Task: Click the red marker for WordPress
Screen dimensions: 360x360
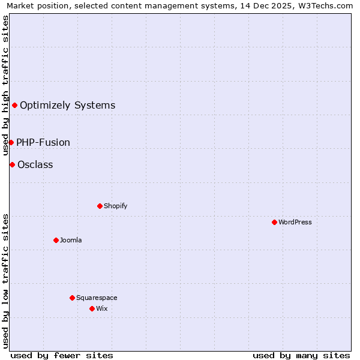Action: coord(274,222)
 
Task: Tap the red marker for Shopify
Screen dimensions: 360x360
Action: coord(100,206)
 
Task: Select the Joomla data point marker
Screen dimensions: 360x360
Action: coord(56,240)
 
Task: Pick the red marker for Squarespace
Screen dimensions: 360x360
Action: coord(72,298)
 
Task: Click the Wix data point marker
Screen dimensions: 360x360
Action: coord(92,308)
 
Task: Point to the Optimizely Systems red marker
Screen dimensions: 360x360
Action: coord(14,106)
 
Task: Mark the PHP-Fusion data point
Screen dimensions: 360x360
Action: coord(11,142)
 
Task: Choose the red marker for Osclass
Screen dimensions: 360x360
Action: coord(12,164)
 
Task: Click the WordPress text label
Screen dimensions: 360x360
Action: coord(295,222)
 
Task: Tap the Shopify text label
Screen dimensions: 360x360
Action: coord(116,206)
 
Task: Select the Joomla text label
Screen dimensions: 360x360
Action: coord(71,240)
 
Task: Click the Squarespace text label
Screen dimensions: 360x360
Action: coord(97,298)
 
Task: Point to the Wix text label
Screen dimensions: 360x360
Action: coord(101,308)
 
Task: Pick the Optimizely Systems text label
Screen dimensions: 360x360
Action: coord(67,106)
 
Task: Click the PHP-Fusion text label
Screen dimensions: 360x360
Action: coord(43,142)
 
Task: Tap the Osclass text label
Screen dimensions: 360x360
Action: coord(35,164)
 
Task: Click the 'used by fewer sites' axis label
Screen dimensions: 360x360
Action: coord(62,355)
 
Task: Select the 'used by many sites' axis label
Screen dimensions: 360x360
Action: coord(301,355)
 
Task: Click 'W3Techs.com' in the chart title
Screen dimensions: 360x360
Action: coord(326,6)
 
